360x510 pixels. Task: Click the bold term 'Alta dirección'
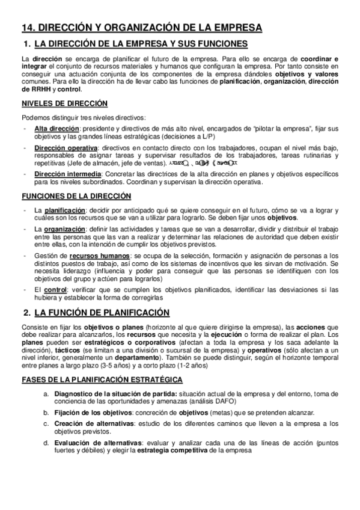(x=56, y=129)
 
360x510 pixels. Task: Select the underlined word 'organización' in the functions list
(x=63, y=230)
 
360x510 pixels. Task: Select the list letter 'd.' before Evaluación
(x=47, y=443)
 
